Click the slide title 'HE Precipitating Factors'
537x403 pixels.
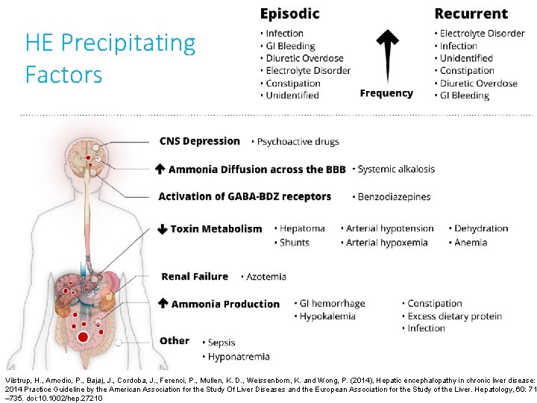[x=110, y=58]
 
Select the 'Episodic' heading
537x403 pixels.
[x=289, y=13]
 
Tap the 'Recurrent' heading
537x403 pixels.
[x=471, y=13]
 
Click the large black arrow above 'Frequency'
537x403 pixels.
[x=386, y=55]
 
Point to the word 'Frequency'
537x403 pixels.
[x=386, y=93]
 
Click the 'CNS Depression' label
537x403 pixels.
[x=199, y=141]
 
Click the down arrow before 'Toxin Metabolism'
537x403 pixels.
[x=162, y=229]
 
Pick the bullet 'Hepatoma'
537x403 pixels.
[x=302, y=228]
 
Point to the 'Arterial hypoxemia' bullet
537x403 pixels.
[x=386, y=242]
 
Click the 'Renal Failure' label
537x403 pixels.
[x=195, y=276]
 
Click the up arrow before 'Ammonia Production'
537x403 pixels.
[x=163, y=304]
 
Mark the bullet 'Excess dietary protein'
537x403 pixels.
[x=454, y=316]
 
